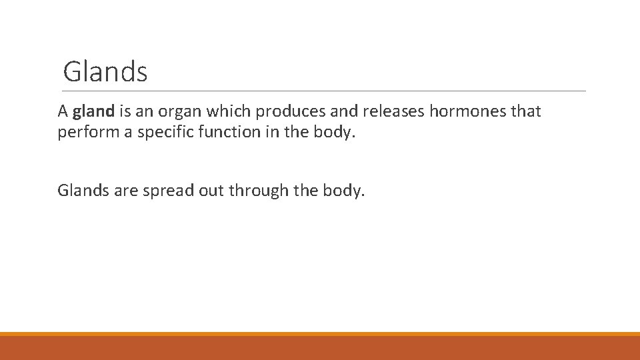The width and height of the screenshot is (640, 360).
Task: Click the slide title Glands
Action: [x=105, y=72]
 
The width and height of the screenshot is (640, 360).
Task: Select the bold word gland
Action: [x=94, y=111]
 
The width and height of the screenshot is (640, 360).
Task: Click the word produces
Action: [x=289, y=112]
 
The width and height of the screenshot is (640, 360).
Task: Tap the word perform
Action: [x=85, y=132]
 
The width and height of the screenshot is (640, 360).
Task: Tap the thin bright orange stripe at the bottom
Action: [x=320, y=334]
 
